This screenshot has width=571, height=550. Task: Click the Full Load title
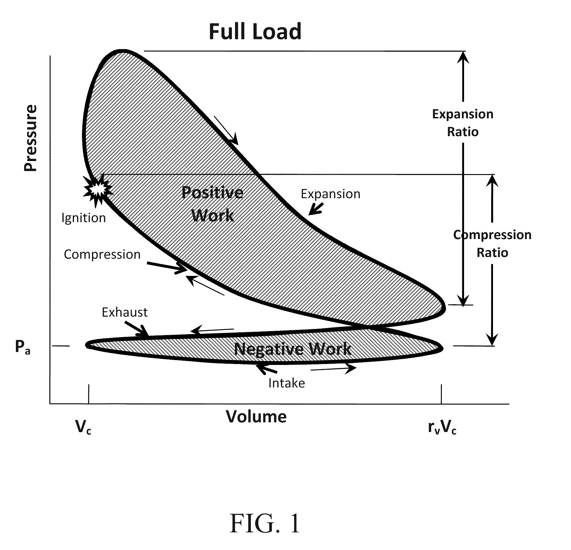pyautogui.click(x=255, y=32)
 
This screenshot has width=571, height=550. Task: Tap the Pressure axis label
pyautogui.click(x=31, y=138)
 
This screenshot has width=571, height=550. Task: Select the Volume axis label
pyautogui.click(x=256, y=416)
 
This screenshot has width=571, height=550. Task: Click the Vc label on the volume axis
pyautogui.click(x=83, y=427)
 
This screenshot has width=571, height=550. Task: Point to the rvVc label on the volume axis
pyautogui.click(x=442, y=428)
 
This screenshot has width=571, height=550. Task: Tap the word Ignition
pyautogui.click(x=83, y=218)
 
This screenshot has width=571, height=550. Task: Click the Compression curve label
pyautogui.click(x=102, y=255)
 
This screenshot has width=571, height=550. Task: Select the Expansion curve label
pyautogui.click(x=331, y=194)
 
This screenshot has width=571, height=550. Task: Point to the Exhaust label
pyautogui.click(x=125, y=312)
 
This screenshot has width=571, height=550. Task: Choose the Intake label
pyautogui.click(x=286, y=383)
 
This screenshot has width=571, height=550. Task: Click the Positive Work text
pyautogui.click(x=212, y=204)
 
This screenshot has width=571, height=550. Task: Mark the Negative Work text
pyautogui.click(x=293, y=349)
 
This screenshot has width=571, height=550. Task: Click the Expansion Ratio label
pyautogui.click(x=463, y=123)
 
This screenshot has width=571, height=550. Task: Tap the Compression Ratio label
pyautogui.click(x=492, y=244)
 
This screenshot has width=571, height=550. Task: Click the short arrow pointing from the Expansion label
pyautogui.click(x=315, y=209)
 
